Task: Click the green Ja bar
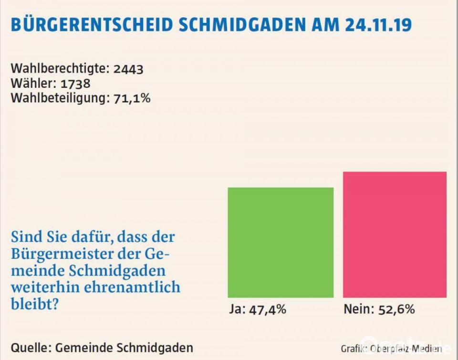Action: [281, 243]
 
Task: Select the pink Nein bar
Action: [395, 234]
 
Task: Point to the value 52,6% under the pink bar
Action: [396, 309]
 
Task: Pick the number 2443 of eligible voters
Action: [128, 69]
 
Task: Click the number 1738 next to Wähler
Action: [76, 84]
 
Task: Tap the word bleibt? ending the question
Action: [35, 304]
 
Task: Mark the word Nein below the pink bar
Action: [357, 309]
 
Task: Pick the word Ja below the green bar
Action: [235, 309]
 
